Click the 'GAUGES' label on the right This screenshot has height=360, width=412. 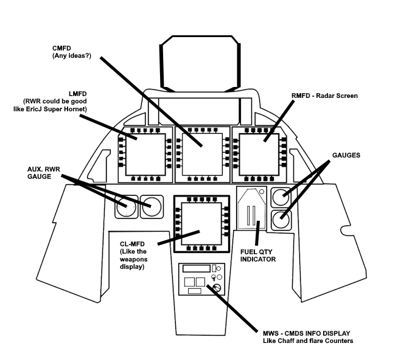(x=345, y=156)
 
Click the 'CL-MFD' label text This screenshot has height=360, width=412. (x=133, y=243)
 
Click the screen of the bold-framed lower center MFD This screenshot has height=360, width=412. (x=201, y=222)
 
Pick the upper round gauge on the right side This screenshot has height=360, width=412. (x=281, y=196)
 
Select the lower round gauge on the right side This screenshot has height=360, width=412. (x=281, y=220)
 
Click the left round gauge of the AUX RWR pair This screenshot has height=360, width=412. (x=127, y=207)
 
